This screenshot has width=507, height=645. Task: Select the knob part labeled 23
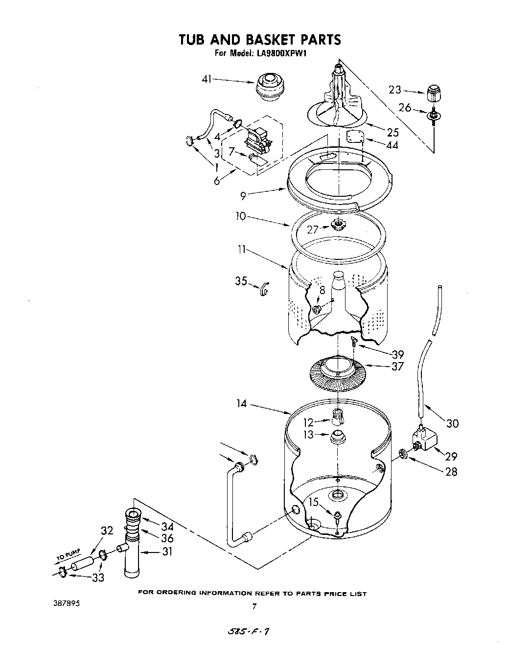point(433,92)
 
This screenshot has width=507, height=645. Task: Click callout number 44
point(392,145)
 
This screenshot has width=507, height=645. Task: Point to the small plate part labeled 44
point(354,137)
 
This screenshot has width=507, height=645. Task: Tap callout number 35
point(241,281)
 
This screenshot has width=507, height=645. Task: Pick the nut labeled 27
point(337,225)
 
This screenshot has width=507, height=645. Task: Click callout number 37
point(397,366)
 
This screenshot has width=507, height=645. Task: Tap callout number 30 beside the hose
point(453,423)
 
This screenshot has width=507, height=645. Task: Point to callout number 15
point(314,502)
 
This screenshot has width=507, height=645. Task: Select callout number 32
point(107,530)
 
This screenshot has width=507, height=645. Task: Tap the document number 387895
point(66,603)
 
